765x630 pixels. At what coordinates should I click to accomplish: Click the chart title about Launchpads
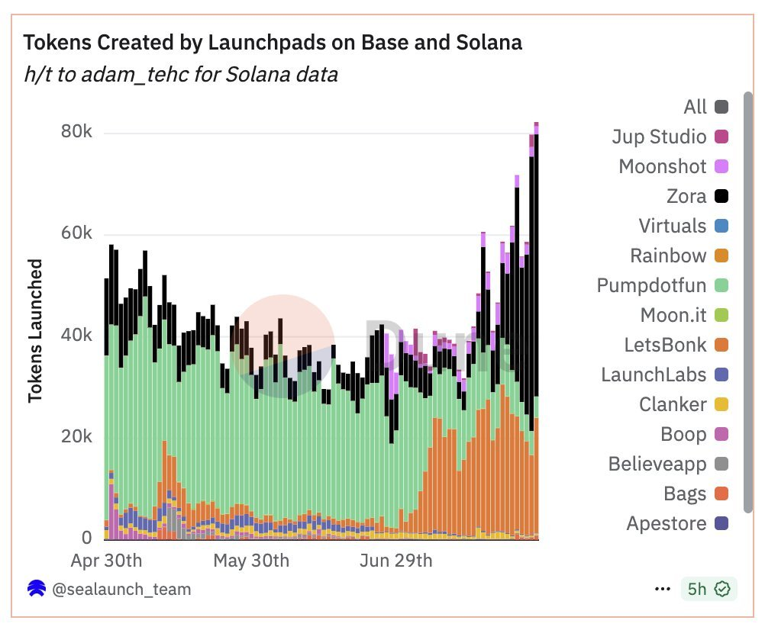click(273, 43)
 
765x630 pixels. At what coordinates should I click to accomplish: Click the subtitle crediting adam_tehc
click(180, 75)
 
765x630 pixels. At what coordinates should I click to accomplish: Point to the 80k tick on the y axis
click(76, 132)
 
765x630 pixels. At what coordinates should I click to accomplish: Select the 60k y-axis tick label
click(76, 233)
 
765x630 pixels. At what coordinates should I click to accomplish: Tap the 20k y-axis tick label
click(76, 437)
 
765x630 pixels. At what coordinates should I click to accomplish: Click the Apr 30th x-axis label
click(106, 561)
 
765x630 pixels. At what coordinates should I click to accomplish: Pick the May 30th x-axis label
click(251, 561)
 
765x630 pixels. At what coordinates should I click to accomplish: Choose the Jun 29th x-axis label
click(395, 561)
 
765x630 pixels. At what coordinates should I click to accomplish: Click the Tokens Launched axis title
click(35, 330)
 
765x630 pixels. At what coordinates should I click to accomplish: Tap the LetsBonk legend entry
click(665, 345)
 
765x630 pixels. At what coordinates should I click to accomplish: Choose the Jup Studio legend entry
click(659, 137)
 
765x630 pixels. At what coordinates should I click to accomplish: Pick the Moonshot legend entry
click(663, 166)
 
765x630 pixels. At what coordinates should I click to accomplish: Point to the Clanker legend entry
click(673, 404)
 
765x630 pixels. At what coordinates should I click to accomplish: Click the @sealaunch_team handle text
click(121, 590)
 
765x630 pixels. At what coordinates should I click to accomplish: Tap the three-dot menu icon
click(663, 590)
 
